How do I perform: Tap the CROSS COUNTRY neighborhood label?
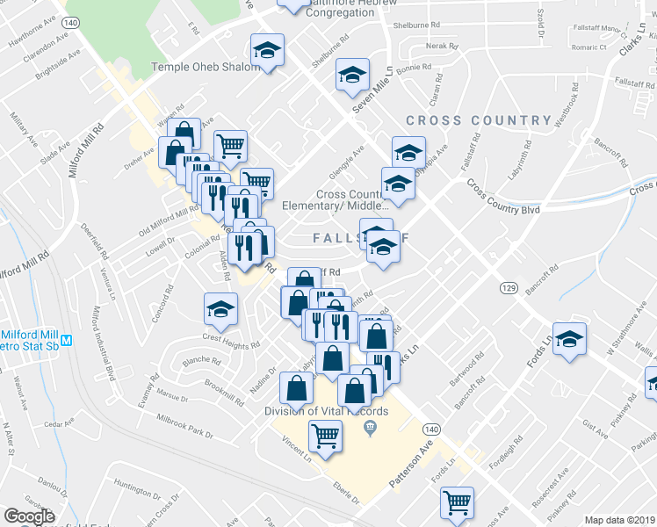tap(479, 120)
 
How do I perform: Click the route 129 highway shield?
tap(509, 287)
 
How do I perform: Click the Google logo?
tap(29, 516)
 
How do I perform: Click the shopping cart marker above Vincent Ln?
tap(325, 435)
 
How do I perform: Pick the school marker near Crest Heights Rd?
tap(220, 307)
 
